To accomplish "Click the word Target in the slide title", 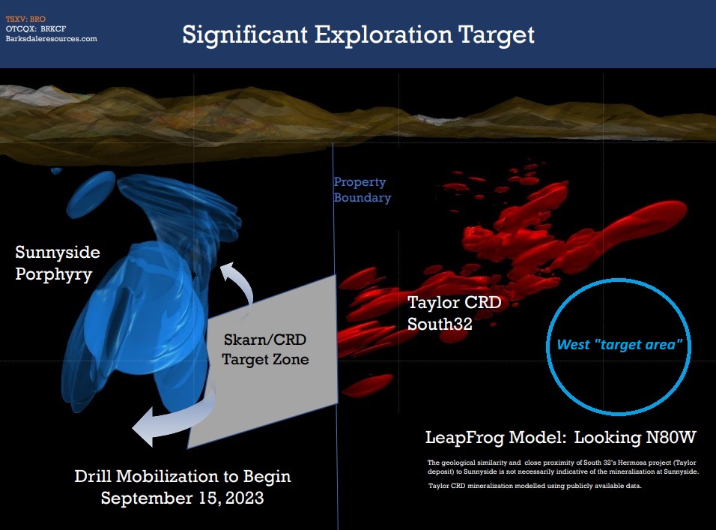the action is coord(497,34).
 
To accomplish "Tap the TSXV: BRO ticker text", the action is coord(25,19).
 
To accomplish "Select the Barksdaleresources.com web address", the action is coord(51,39).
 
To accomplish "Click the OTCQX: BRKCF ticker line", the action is coord(36,28).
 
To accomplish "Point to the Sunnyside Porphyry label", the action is coord(58,263).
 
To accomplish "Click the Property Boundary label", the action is coord(362,190).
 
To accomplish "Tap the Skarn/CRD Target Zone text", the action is coord(265,349).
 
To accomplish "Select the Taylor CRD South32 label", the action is coord(455,313).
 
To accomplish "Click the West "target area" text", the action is coord(619,344).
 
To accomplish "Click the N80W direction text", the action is coord(671,437).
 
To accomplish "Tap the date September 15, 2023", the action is coord(182,498).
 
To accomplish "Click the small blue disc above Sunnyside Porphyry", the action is coord(91,194).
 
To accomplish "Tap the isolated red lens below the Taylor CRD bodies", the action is coord(368,385).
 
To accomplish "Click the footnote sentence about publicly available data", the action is coord(535,486).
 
